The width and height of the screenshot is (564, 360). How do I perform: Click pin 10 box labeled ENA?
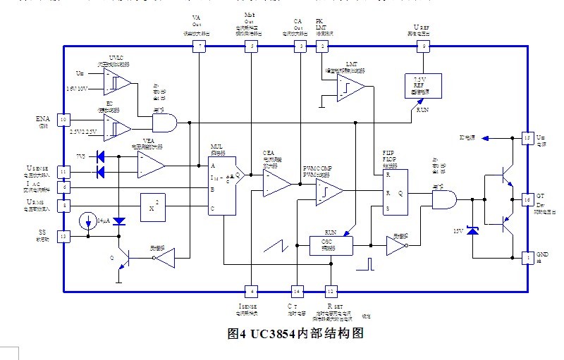click(x=63, y=120)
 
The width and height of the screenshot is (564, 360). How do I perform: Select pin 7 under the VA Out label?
click(x=200, y=46)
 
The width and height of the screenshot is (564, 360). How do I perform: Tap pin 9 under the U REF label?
click(x=423, y=46)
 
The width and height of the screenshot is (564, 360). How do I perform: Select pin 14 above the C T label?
click(x=297, y=290)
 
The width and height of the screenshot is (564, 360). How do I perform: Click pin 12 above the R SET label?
click(x=330, y=290)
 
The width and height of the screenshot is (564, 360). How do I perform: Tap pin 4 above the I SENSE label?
click(x=251, y=290)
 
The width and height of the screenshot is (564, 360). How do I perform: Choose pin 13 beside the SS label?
click(x=63, y=237)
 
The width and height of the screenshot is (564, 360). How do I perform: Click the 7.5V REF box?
click(x=420, y=86)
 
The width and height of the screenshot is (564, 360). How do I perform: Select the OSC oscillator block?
click(x=330, y=245)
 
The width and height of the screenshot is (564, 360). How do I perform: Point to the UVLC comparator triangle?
click(x=118, y=82)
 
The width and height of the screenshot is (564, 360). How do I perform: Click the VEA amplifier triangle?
click(x=150, y=164)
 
